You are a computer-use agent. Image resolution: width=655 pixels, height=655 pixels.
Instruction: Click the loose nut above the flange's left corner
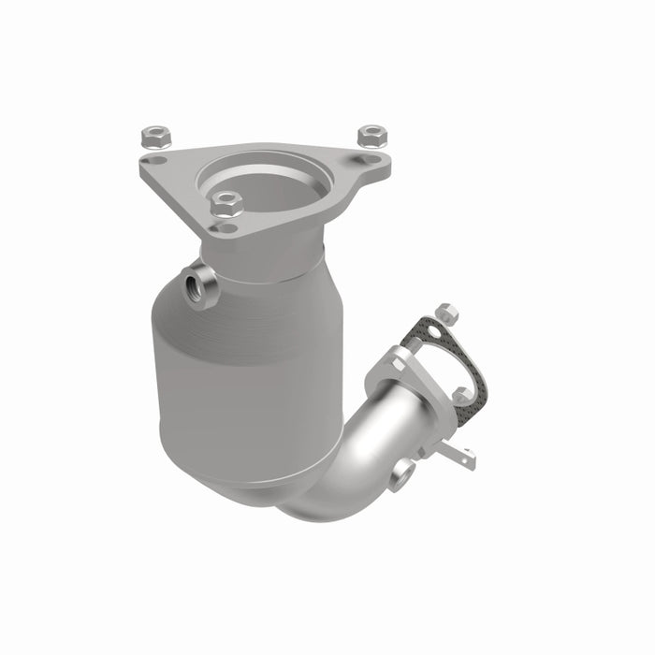point(153,137)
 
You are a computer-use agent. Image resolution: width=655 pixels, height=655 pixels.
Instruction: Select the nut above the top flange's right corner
point(371,134)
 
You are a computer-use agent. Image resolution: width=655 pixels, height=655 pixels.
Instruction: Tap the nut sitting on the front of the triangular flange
point(226,202)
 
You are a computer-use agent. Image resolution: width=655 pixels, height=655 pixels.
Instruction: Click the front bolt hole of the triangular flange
point(224,227)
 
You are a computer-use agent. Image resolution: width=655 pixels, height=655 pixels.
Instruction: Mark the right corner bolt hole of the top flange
point(372,161)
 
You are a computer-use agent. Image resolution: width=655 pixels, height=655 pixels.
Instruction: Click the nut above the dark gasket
point(446,313)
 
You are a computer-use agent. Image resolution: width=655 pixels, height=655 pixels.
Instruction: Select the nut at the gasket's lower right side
point(462,396)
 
